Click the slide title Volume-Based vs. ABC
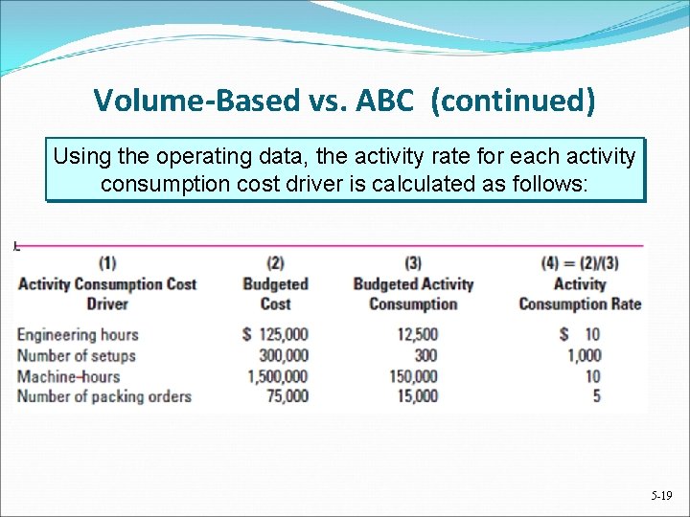pos(344,101)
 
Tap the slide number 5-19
pos(661,496)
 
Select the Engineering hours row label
pos(78,335)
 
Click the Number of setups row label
pos(77,355)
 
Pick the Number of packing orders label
pos(104,395)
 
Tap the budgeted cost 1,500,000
pos(277,375)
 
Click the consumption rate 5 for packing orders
pos(596,395)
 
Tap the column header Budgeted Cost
pos(275,293)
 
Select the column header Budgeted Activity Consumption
pos(413,293)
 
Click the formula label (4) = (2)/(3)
pos(579,263)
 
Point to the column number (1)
pos(107,263)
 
